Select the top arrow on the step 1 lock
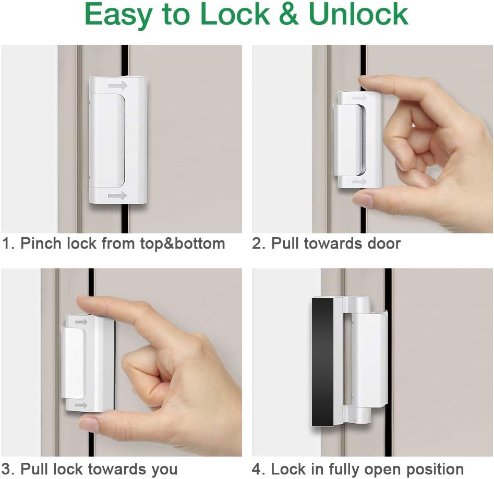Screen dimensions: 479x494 point(118,85)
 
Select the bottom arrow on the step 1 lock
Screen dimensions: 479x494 point(118,195)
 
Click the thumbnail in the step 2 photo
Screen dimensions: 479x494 point(363,199)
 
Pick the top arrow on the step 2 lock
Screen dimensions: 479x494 point(359,97)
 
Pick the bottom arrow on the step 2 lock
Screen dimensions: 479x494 point(359,181)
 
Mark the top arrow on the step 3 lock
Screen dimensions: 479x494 point(81,322)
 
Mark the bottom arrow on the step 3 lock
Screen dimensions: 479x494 point(81,404)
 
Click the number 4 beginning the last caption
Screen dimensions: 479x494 point(257,469)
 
